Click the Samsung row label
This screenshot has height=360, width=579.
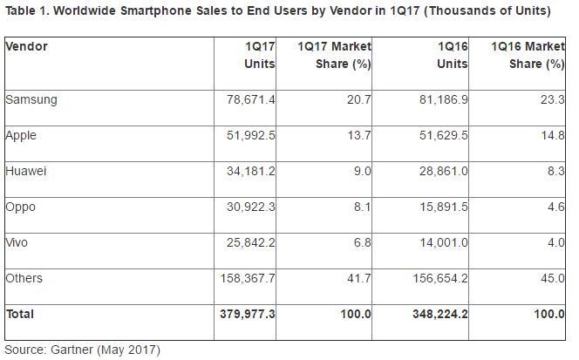tap(31, 99)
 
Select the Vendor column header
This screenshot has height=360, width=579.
tap(26, 45)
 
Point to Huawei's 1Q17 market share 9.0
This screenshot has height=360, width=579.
tap(360, 171)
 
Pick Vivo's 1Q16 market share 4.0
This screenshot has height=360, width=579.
tap(554, 242)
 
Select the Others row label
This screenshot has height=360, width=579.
tap(24, 278)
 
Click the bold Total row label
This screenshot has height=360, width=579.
tap(21, 312)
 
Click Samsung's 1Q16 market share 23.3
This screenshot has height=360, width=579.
tap(550, 99)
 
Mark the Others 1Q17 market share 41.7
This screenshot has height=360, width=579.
tap(358, 278)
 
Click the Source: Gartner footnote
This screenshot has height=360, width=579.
tap(83, 350)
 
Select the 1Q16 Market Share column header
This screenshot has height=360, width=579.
tap(527, 54)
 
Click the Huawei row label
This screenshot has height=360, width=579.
tap(26, 171)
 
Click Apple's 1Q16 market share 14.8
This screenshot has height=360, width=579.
tap(550, 135)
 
